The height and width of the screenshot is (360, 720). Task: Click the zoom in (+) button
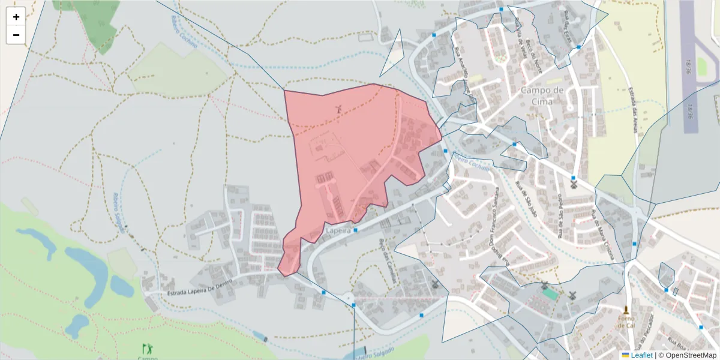point(16,17)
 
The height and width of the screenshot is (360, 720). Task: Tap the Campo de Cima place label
point(542,95)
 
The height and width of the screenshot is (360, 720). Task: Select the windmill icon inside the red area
point(338,109)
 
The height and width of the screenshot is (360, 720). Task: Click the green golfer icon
point(147,348)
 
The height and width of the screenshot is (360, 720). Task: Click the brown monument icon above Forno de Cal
point(626,310)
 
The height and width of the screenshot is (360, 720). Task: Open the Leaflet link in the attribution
point(641,355)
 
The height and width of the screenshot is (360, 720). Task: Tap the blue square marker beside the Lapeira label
point(356,230)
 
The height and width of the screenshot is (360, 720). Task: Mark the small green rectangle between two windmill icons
point(550,294)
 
